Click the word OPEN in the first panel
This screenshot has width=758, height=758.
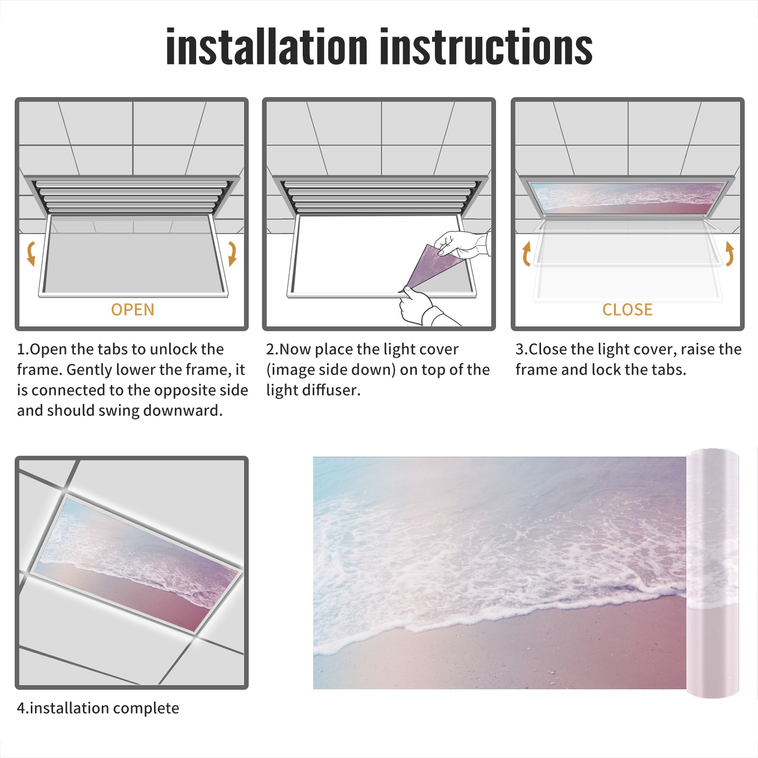[133, 310]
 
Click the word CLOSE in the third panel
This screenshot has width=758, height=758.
[627, 310]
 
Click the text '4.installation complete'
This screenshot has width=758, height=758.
[98, 708]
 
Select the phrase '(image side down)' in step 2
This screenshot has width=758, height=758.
[331, 370]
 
